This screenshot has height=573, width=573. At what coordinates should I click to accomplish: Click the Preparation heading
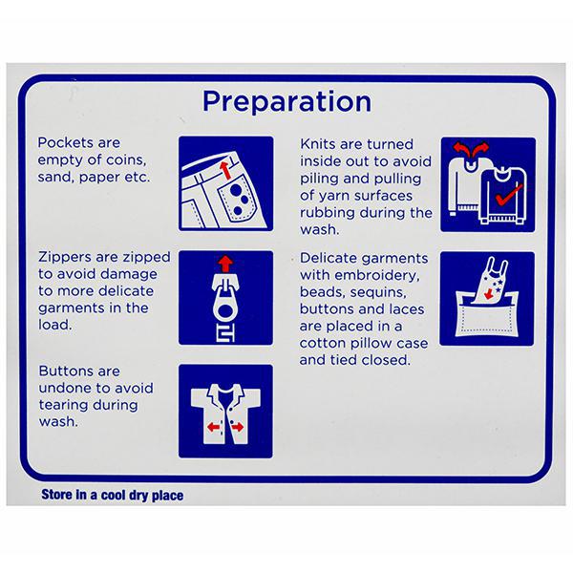(286, 102)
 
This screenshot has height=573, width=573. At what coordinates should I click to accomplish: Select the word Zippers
(65, 258)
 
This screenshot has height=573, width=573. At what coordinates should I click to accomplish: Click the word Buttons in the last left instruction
(65, 371)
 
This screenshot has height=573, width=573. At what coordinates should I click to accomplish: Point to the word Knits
(318, 144)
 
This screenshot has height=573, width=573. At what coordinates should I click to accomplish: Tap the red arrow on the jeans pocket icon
(225, 170)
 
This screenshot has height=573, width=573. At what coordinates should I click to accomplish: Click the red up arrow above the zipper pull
(225, 264)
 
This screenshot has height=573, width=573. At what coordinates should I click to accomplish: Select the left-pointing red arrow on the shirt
(213, 427)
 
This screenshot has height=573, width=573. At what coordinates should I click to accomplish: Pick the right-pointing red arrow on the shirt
(237, 427)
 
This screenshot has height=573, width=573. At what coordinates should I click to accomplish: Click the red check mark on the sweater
(509, 194)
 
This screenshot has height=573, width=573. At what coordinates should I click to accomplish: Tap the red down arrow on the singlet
(488, 294)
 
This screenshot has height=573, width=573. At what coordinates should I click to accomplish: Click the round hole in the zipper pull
(225, 312)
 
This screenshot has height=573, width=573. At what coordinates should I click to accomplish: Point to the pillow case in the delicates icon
(487, 317)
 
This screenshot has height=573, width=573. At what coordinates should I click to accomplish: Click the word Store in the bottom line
(57, 495)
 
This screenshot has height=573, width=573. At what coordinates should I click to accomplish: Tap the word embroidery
(377, 276)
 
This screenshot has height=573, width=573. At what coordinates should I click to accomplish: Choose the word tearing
(63, 405)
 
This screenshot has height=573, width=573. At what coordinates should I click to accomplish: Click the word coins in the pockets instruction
(126, 160)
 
